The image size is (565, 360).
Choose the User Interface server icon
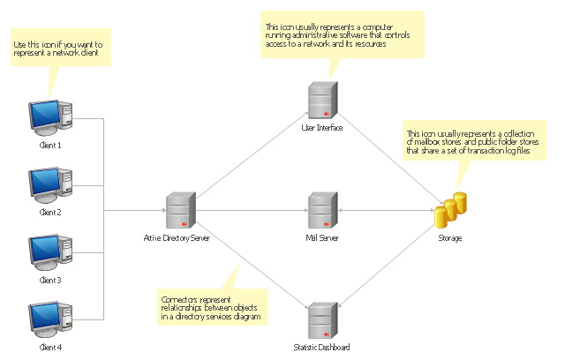(x=320, y=101)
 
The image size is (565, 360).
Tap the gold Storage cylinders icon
(x=450, y=210)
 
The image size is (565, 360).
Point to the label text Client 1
(x=50, y=145)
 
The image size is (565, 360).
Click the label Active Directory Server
(x=177, y=238)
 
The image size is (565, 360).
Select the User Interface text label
(x=321, y=128)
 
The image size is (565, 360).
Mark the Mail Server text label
(x=321, y=238)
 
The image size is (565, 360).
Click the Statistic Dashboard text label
(x=321, y=347)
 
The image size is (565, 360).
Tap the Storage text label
(x=449, y=238)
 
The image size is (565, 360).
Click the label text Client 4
(x=50, y=348)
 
